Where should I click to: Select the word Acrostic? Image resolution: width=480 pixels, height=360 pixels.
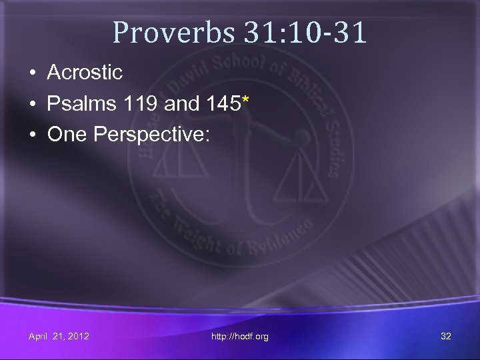point(85,73)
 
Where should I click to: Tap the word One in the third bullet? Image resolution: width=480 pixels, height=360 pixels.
point(67,134)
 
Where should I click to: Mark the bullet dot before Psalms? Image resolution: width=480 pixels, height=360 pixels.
point(31,104)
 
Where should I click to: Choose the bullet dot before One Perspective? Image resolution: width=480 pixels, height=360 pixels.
point(31,135)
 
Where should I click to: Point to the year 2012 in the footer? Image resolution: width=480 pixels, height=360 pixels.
point(77,336)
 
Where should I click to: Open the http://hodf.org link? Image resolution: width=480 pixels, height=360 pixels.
point(240,337)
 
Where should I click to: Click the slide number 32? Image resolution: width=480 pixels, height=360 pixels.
point(446,336)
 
